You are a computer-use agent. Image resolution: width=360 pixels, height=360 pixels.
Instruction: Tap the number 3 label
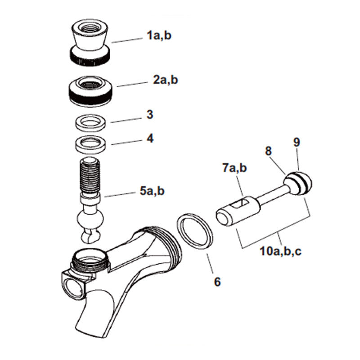[150, 115]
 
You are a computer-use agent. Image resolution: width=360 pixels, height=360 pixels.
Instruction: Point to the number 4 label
[150, 138]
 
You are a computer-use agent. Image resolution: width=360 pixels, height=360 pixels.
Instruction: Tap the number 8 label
[269, 151]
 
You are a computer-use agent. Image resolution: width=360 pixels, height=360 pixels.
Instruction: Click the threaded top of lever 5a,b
[90, 175]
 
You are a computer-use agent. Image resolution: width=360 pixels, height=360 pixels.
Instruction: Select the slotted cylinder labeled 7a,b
[237, 208]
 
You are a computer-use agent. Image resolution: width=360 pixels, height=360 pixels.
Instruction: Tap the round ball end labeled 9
[297, 182]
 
